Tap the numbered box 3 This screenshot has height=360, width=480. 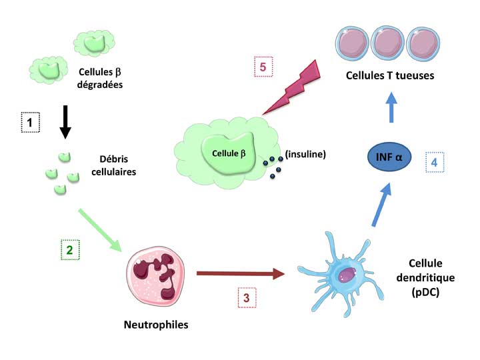[x=246, y=297]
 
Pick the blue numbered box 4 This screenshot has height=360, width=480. [x=434, y=163]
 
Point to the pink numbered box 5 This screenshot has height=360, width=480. [x=263, y=68]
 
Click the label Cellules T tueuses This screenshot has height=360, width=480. [x=389, y=75]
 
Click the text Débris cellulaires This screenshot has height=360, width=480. [x=116, y=166]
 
